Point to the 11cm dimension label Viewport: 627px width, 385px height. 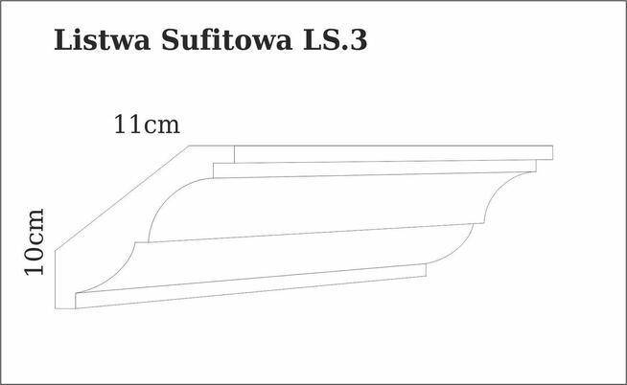pos(147,125)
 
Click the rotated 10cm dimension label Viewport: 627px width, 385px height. pos(35,241)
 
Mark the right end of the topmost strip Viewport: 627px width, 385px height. pos(552,151)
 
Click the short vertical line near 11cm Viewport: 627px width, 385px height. pos(235,153)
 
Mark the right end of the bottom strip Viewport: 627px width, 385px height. pos(425,272)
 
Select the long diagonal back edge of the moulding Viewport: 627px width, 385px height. pos(120,198)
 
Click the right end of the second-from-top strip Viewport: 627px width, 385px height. pos(536,166)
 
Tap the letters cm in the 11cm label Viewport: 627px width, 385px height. pos(162,125)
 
